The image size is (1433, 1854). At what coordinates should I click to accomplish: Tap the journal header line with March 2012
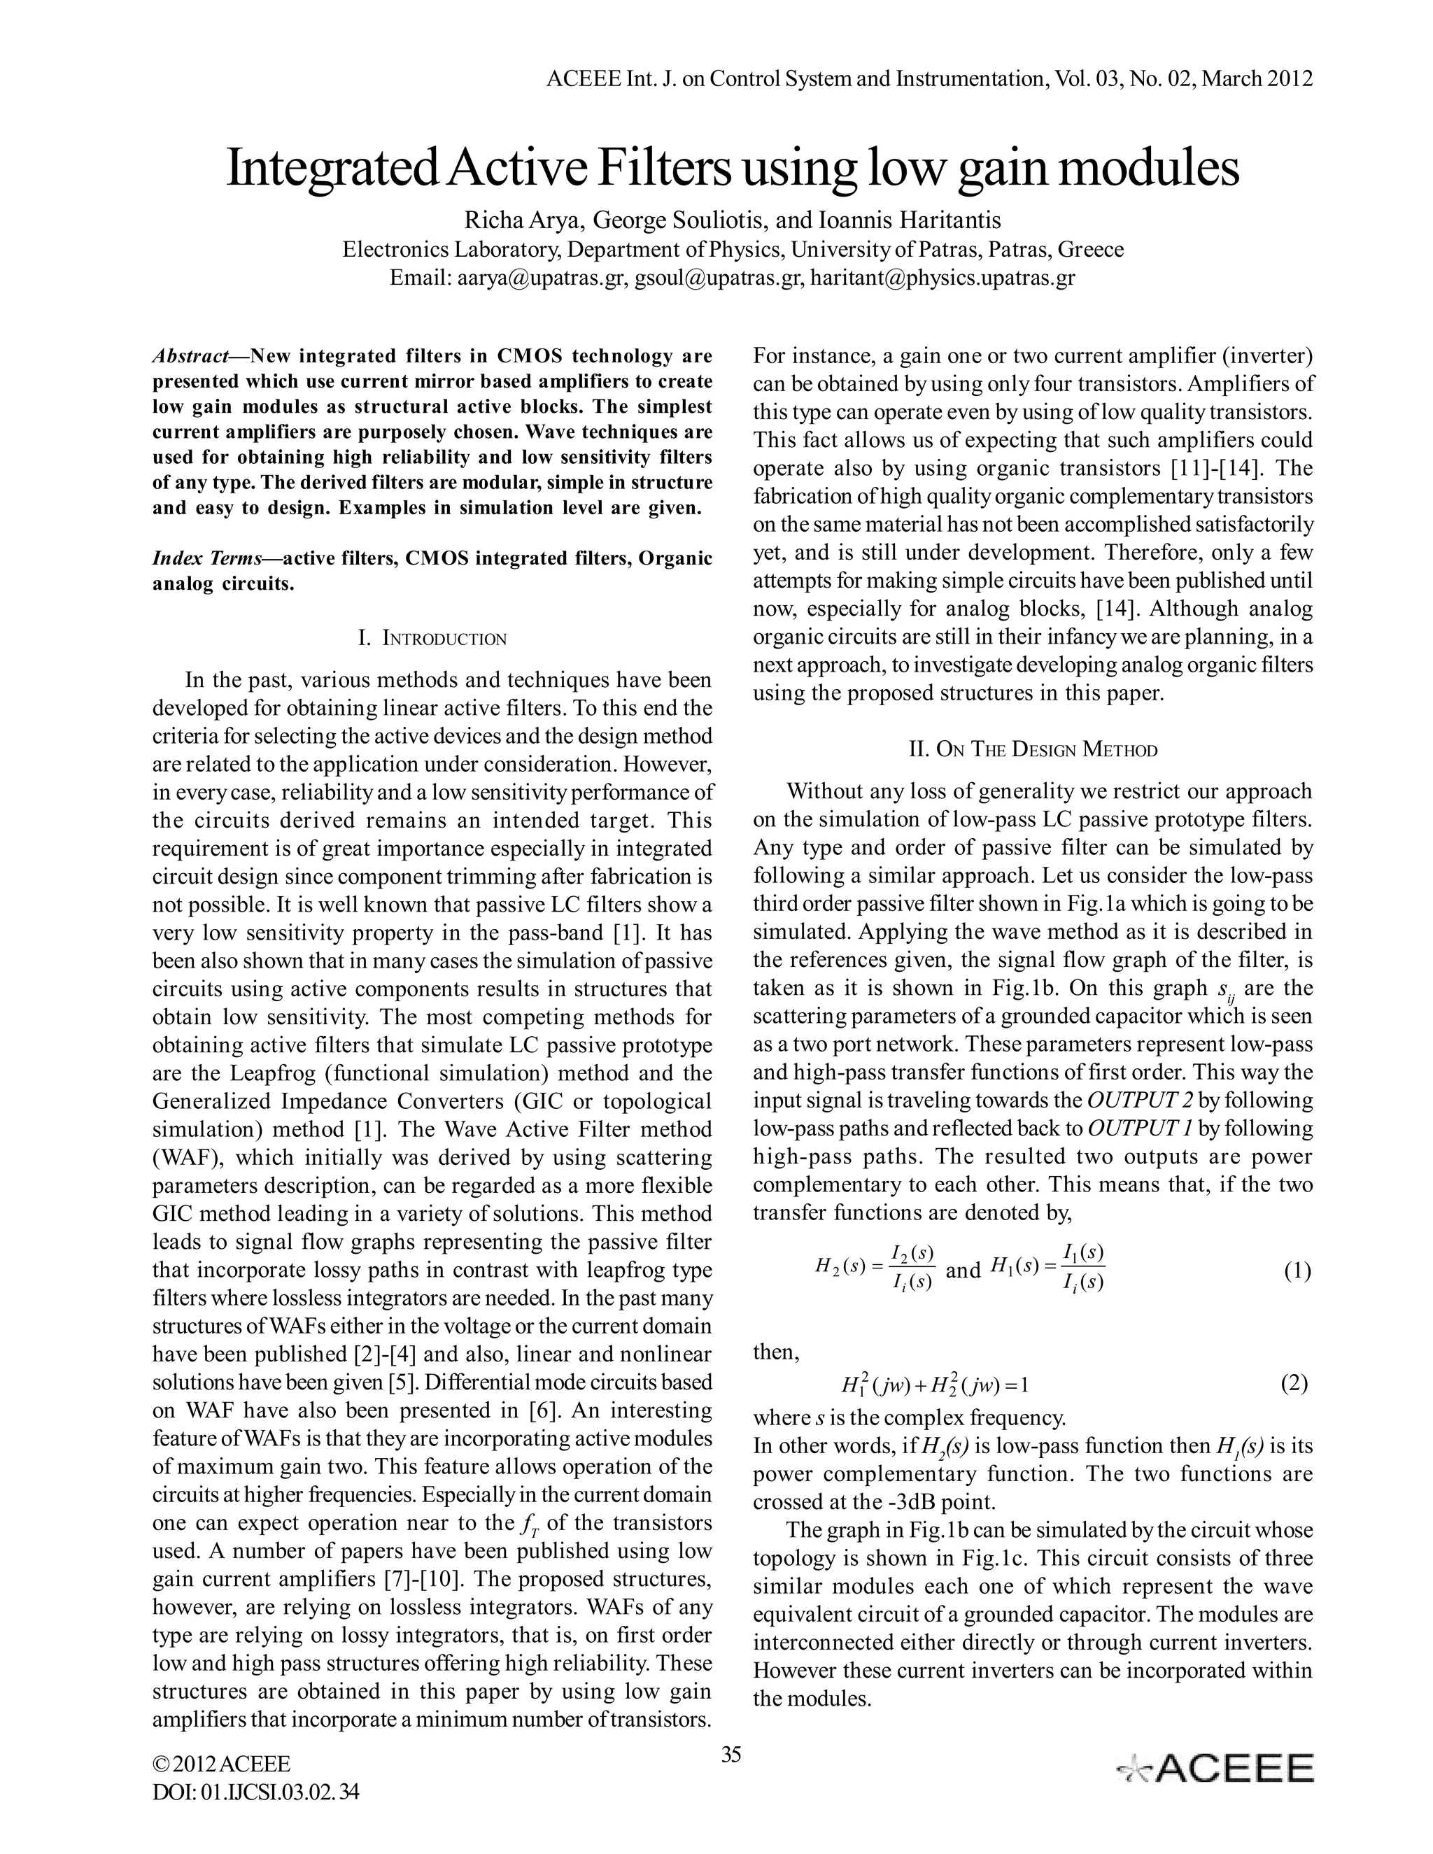pyautogui.click(x=930, y=80)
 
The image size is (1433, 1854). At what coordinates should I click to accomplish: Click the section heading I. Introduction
pyautogui.click(x=432, y=638)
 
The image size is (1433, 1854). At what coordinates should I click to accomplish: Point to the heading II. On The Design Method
pyautogui.click(x=1032, y=749)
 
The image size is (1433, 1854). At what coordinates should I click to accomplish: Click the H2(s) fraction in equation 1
pyautogui.click(x=875, y=1268)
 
